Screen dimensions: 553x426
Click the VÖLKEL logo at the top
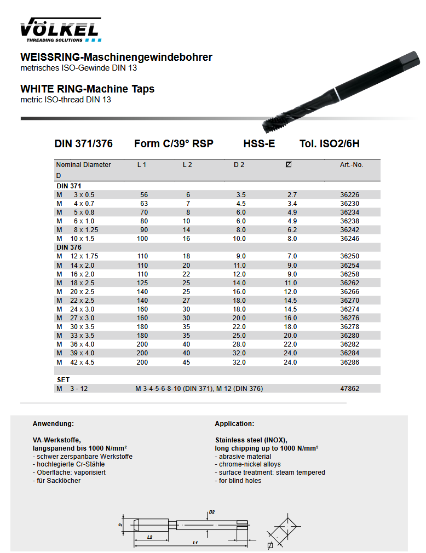click(x=60, y=30)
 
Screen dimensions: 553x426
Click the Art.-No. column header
click(x=352, y=165)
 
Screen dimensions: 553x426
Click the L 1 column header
click(x=142, y=165)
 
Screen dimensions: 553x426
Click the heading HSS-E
click(x=259, y=144)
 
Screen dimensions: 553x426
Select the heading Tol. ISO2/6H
click(x=330, y=144)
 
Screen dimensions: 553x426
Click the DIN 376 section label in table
click(x=69, y=247)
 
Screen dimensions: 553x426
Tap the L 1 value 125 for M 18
click(x=143, y=283)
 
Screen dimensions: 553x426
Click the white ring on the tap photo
click(x=335, y=94)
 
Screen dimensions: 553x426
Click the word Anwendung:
click(x=53, y=424)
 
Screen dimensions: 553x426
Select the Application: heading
click(x=234, y=424)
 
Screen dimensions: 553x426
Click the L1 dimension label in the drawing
click(x=195, y=543)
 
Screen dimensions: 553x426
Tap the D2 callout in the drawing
click(x=212, y=512)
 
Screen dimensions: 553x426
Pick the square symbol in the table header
click(x=289, y=165)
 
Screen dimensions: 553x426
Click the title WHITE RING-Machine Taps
click(x=88, y=89)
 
